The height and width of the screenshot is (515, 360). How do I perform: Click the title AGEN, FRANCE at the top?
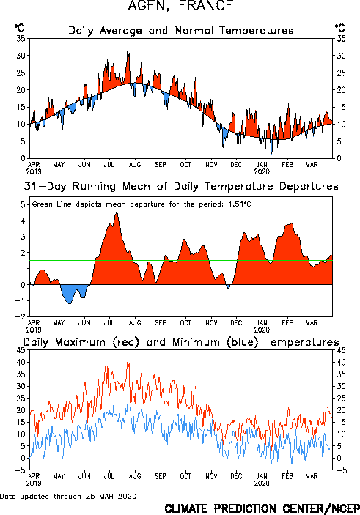pyautogui.click(x=181, y=6)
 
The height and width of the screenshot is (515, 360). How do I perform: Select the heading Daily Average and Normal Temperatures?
pyautogui.click(x=181, y=31)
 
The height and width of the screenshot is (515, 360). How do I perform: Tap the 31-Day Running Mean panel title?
pyautogui.click(x=181, y=186)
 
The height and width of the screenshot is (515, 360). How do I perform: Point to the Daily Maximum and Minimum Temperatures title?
pyautogui.click(x=181, y=342)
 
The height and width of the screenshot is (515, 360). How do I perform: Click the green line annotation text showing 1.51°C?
pyautogui.click(x=142, y=204)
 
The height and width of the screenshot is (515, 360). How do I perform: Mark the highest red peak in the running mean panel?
pyautogui.click(x=117, y=213)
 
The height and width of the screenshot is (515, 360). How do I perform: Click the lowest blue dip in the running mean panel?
pyautogui.click(x=70, y=304)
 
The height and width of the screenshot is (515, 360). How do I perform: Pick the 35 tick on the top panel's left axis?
pyautogui.click(x=21, y=38)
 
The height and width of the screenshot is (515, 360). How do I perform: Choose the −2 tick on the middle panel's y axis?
pyautogui.click(x=21, y=316)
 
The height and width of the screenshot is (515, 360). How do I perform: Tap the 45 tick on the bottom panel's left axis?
pyautogui.click(x=21, y=350)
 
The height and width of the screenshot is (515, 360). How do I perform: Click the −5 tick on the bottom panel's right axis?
pyautogui.click(x=341, y=470)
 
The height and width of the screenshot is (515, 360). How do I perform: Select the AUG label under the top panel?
pyautogui.click(x=135, y=164)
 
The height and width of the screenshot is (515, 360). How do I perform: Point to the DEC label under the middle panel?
pyautogui.click(x=236, y=322)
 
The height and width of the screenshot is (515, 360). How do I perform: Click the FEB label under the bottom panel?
pyautogui.click(x=287, y=476)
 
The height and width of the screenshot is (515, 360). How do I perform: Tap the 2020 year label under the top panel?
pyautogui.click(x=262, y=171)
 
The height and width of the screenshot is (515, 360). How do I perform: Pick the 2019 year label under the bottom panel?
pyautogui.click(x=34, y=483)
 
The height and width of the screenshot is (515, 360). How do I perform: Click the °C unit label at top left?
pyautogui.click(x=20, y=28)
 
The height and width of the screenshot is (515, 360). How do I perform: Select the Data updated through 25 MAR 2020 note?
pyautogui.click(x=68, y=496)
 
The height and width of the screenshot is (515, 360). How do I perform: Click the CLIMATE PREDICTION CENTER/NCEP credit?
pyautogui.click(x=262, y=508)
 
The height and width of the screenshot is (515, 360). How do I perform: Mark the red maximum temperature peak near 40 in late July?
pyautogui.click(x=128, y=363)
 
